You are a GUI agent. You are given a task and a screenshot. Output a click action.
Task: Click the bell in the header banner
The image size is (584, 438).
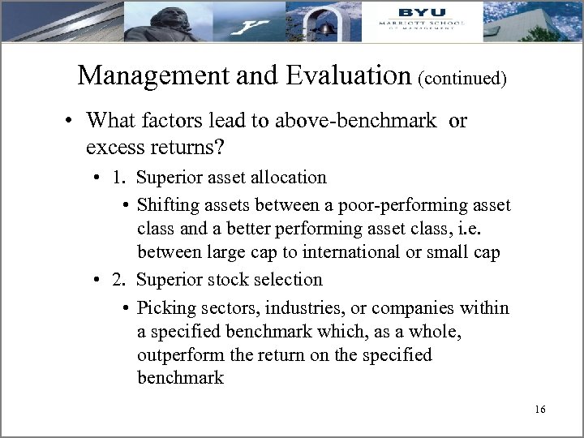[328, 27]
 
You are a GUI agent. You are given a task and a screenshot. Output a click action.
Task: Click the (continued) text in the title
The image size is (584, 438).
[462, 79]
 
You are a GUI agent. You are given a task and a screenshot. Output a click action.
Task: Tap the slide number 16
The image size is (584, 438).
[540, 410]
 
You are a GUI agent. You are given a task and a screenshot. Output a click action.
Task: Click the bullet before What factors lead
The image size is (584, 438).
[72, 122]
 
